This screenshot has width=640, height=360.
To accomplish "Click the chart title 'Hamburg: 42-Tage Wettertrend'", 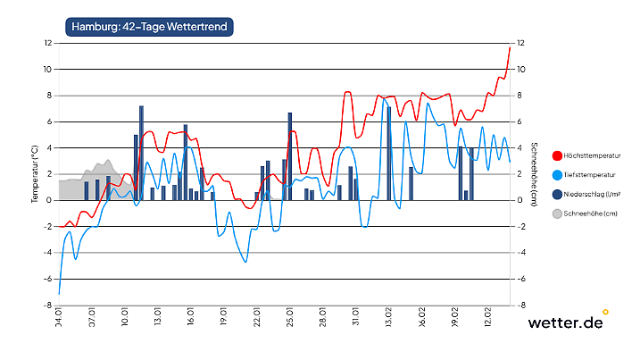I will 149,27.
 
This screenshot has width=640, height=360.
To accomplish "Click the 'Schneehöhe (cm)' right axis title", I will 533,173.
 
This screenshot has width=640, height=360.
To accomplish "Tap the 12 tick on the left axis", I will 49,43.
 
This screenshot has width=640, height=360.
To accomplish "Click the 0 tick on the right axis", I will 519,200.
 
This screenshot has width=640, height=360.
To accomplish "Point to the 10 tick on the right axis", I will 520,69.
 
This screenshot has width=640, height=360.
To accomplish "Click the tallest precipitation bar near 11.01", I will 141,153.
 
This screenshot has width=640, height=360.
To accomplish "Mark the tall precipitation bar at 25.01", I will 290,156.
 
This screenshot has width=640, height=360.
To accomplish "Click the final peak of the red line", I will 509,47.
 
